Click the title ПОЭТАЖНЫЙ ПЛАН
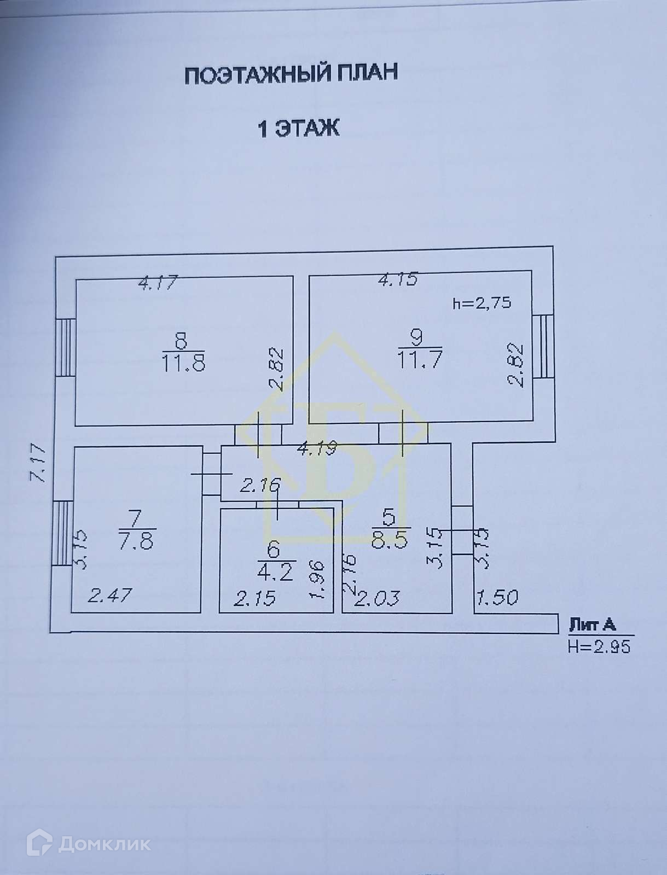(291, 74)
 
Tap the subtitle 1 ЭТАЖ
(299, 129)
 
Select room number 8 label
(181, 341)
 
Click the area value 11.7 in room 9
(420, 360)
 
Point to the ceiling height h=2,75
(482, 304)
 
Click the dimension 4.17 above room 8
(158, 283)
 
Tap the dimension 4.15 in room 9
(398, 279)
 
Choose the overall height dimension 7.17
(38, 464)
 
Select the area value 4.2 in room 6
(275, 573)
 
